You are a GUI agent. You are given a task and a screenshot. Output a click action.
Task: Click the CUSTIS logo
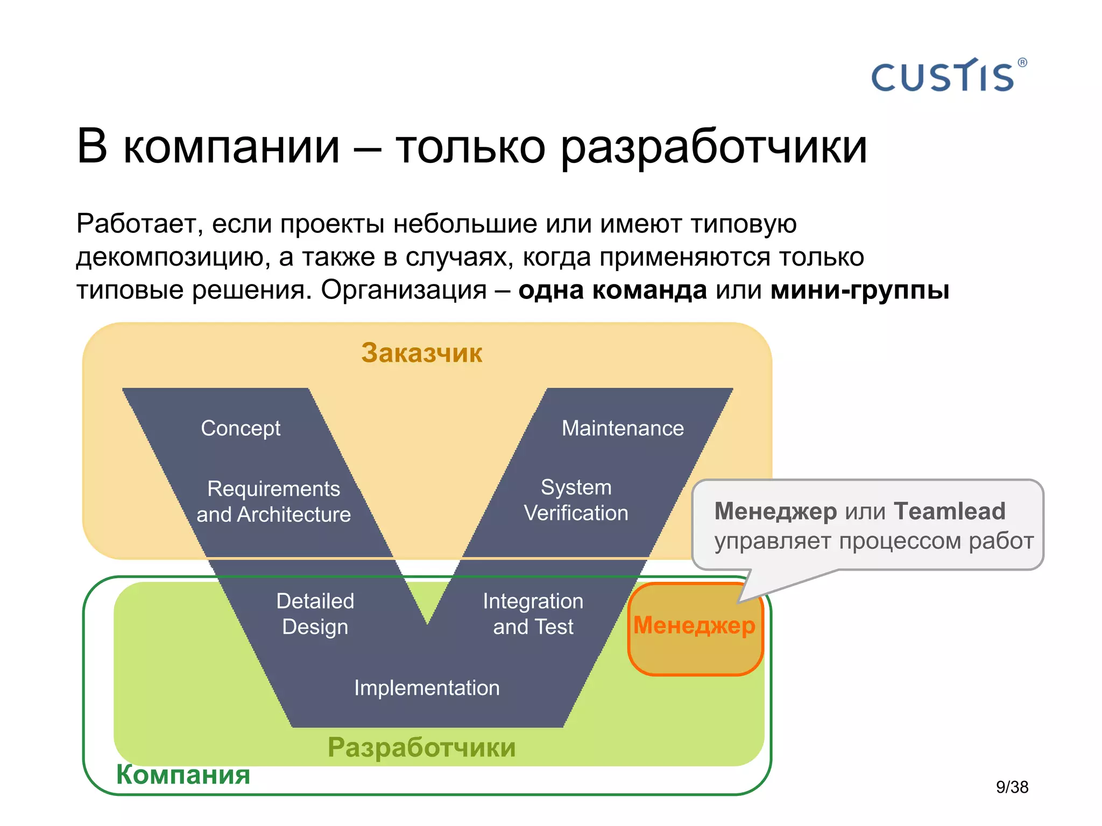coord(943,77)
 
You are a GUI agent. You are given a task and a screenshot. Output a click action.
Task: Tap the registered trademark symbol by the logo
coord(1022,62)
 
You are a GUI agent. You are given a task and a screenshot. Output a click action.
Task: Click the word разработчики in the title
coord(714,147)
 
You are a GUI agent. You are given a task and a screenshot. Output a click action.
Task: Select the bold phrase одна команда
coord(612,290)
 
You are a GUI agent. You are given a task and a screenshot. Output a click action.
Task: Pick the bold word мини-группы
coord(859,290)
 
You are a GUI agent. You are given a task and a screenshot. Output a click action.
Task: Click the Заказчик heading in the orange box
coord(421,353)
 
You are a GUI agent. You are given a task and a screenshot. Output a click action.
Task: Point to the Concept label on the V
coord(241,428)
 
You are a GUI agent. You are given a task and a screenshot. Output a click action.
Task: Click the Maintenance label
coord(623,428)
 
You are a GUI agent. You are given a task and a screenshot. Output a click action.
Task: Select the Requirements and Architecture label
coord(273,501)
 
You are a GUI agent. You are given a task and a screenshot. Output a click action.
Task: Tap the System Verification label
coord(576,500)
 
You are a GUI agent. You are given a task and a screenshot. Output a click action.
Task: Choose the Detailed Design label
coord(315,614)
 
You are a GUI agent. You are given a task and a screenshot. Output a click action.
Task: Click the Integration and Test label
coord(533,614)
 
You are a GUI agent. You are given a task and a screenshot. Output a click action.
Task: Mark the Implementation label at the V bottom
coord(427,688)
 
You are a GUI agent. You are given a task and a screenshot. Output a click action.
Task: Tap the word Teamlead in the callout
coord(949,511)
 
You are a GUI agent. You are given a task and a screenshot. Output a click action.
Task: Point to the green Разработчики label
coord(421,747)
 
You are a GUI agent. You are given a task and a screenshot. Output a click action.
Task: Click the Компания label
coord(183,774)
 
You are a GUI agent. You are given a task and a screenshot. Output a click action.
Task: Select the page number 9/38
coord(1012,787)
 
